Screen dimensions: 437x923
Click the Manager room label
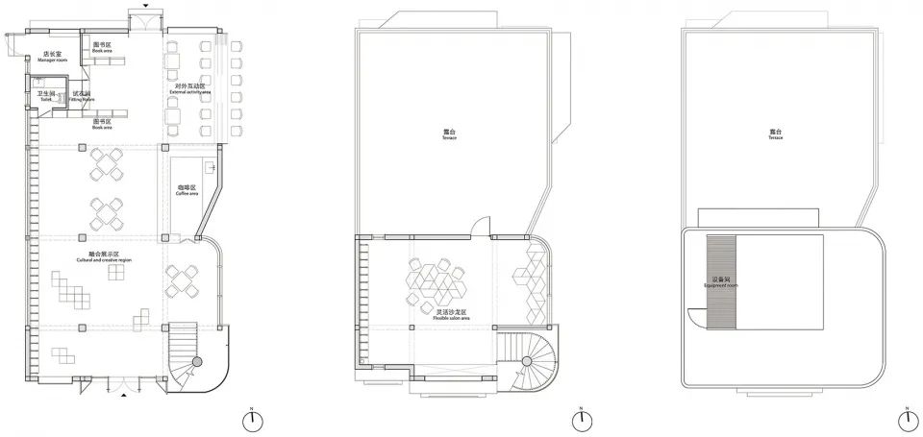point(51,57)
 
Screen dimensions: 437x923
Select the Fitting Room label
point(83,97)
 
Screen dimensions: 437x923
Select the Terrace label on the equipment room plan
point(776,134)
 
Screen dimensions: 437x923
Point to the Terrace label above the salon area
point(449,134)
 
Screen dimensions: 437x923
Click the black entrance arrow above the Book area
point(144,5)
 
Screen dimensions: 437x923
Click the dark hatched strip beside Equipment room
point(721,280)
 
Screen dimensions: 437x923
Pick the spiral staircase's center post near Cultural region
point(197,360)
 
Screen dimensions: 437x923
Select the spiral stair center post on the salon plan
point(527,361)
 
